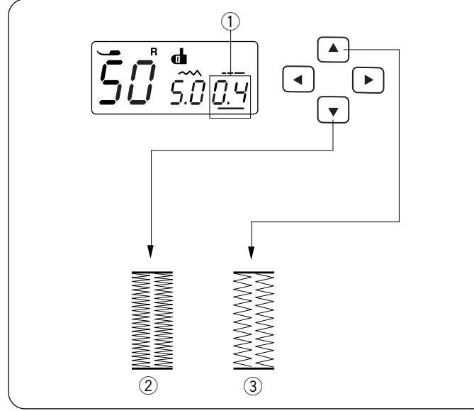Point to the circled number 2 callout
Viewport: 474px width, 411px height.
(x=152, y=387)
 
